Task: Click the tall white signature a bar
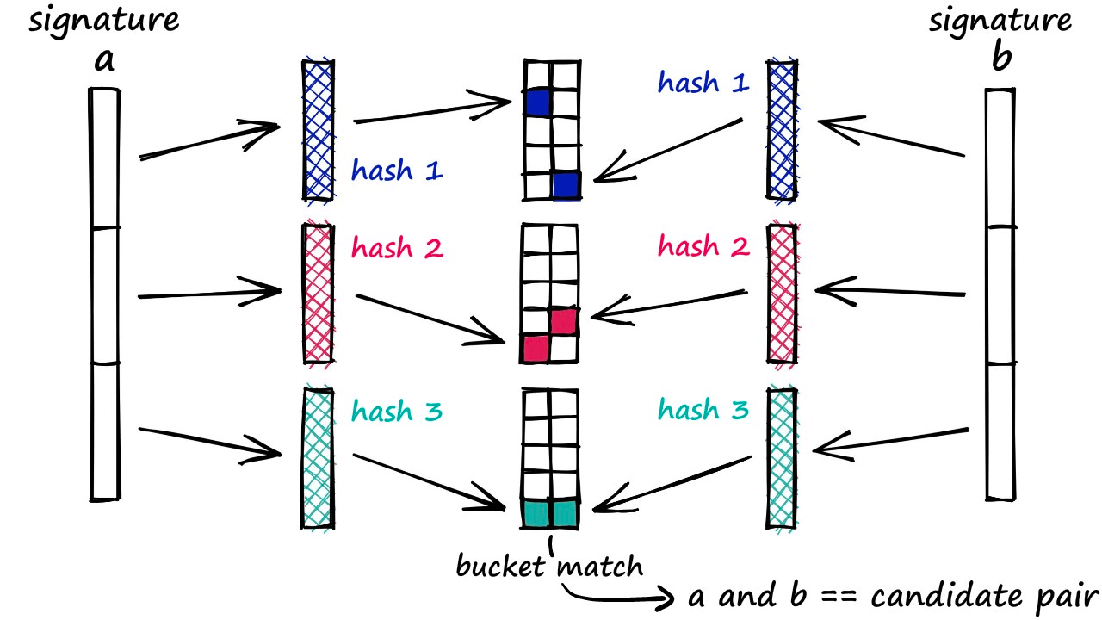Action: click(x=104, y=293)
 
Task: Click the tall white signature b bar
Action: click(x=1000, y=293)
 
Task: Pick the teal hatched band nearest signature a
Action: click(x=318, y=456)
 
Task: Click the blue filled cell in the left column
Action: click(x=537, y=102)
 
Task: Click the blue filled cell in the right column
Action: click(x=566, y=184)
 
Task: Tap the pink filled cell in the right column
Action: click(x=563, y=321)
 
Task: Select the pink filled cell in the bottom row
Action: click(x=536, y=348)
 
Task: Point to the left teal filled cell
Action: click(x=536, y=514)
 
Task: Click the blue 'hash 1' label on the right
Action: click(x=703, y=83)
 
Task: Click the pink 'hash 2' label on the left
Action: click(x=396, y=250)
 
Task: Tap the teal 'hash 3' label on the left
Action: click(x=396, y=412)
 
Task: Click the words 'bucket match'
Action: click(x=548, y=567)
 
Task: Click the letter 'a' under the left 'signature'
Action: click(x=105, y=63)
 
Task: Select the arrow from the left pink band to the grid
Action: click(x=430, y=319)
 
